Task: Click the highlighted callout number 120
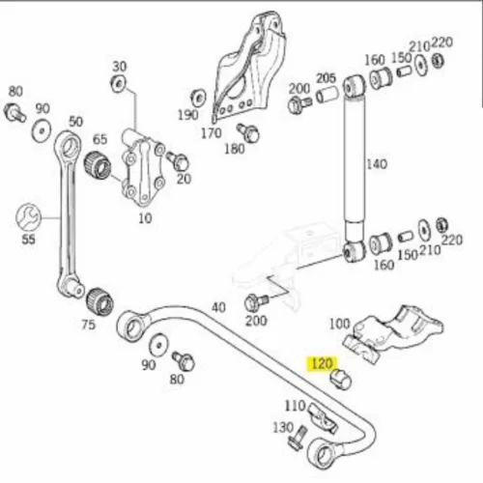[322, 364]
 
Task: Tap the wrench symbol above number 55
[28, 217]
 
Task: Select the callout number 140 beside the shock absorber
[377, 164]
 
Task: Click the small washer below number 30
[118, 83]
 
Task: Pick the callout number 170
[212, 133]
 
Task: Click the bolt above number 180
[248, 132]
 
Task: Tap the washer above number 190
[197, 98]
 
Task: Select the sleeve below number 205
[327, 95]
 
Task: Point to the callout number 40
[218, 307]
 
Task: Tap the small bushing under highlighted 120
[341, 379]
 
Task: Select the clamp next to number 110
[323, 419]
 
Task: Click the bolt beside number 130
[297, 437]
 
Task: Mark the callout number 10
[145, 218]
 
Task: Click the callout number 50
[76, 122]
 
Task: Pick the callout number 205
[326, 78]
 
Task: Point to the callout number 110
[295, 406]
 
